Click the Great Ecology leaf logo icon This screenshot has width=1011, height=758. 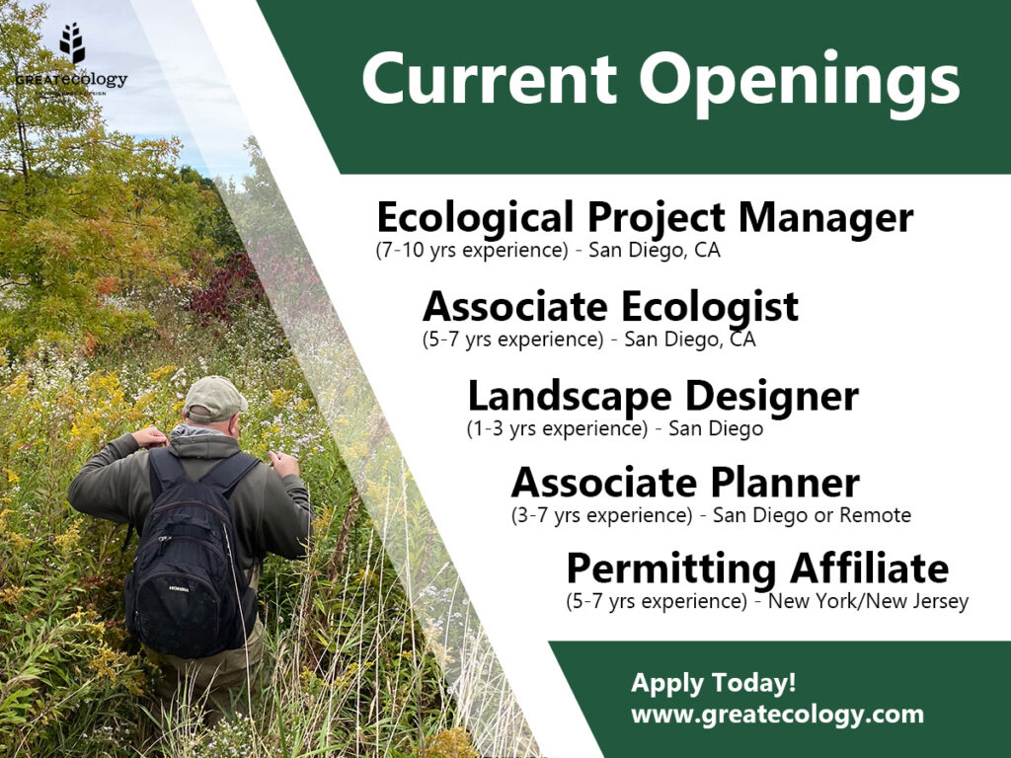point(72,43)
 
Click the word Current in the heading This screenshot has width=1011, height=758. point(490,79)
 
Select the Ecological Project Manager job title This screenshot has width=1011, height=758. point(645,217)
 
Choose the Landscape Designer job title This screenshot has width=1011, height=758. point(662,396)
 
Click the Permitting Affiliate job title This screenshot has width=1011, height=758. point(757,569)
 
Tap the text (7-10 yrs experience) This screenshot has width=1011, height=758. point(472,250)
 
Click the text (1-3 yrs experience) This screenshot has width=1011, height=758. point(557,428)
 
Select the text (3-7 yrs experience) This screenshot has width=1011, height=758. point(601,515)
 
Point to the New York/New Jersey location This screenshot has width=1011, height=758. point(869,601)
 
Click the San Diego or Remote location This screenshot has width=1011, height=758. point(812,515)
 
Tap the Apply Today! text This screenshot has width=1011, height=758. point(714,682)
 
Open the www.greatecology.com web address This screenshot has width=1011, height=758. point(778,715)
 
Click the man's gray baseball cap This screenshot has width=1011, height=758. point(214,398)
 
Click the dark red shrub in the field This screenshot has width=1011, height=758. point(222,287)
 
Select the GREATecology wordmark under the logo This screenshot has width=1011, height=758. point(71,80)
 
